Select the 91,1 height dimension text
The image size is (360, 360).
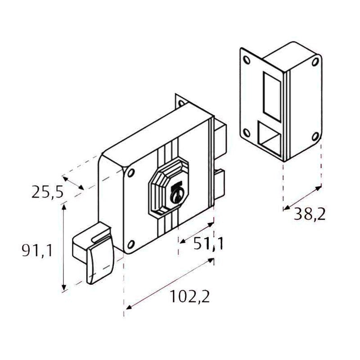click(x=37, y=250)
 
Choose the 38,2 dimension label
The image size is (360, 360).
click(x=310, y=214)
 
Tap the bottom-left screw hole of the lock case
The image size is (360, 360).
click(x=130, y=244)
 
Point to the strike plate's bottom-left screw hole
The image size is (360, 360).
click(x=246, y=132)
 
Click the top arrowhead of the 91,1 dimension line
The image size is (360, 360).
click(x=65, y=206)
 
